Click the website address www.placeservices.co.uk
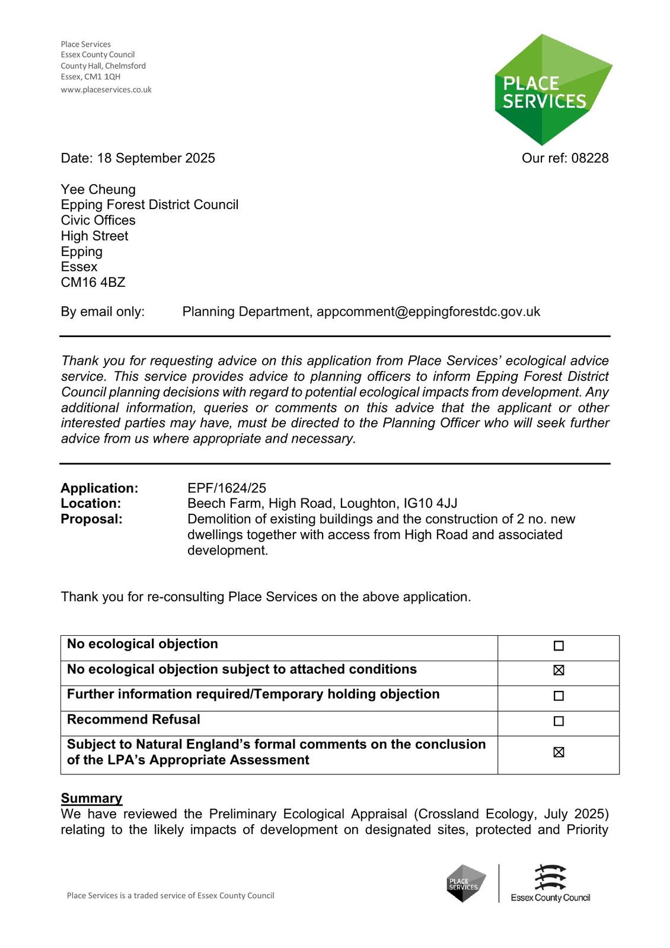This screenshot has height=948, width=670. pos(106,89)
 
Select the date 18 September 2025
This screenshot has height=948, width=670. pos(156,158)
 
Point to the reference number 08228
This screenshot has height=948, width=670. pos(590,158)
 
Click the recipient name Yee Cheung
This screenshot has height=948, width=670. pos(98,190)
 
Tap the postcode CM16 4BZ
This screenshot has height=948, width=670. pos(93,283)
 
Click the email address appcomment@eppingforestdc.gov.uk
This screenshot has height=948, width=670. pos(428,312)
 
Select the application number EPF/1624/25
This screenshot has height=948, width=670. pos(226,488)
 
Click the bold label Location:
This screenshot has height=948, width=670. pos(91,504)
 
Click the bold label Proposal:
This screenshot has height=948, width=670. pos(91,519)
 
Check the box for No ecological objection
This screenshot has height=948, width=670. pos(558,646)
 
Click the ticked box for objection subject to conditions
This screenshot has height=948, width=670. pos(558,670)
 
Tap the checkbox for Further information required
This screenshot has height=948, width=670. pos(558,696)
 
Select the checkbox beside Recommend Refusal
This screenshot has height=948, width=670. pos(558,721)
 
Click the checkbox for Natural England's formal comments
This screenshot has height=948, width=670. pos(558,752)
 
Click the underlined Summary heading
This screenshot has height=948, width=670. pos(91,798)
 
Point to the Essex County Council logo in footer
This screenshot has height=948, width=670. pos(550,883)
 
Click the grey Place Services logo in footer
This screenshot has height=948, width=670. pos(466,883)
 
